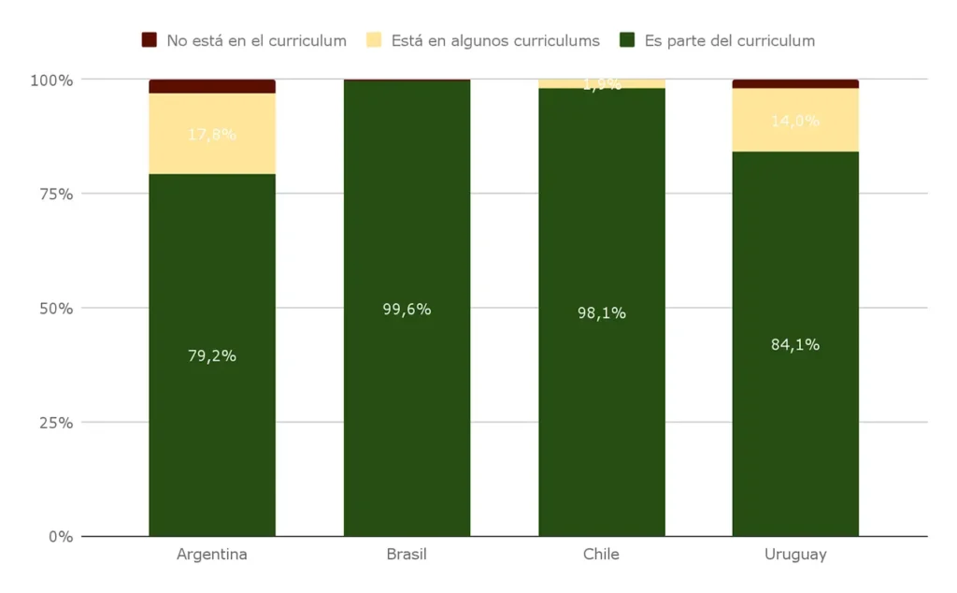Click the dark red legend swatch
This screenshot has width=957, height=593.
(x=150, y=40)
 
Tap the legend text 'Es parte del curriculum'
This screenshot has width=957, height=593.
(x=729, y=40)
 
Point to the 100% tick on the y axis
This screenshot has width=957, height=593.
(x=51, y=80)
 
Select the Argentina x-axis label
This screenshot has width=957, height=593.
(x=212, y=555)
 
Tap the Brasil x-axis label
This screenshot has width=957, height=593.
(x=407, y=555)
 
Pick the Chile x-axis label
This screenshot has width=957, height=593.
(x=601, y=555)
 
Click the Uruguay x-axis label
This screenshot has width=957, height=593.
(x=795, y=555)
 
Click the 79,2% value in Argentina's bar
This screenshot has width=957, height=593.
(x=212, y=355)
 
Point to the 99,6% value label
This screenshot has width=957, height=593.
(x=407, y=310)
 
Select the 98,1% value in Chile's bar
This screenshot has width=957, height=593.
(x=601, y=313)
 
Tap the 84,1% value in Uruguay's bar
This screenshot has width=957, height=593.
(x=795, y=344)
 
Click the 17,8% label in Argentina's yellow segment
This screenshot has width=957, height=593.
(x=212, y=134)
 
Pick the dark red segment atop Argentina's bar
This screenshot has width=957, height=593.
(x=212, y=86)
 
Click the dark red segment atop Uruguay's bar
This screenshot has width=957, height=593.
(x=795, y=84)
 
